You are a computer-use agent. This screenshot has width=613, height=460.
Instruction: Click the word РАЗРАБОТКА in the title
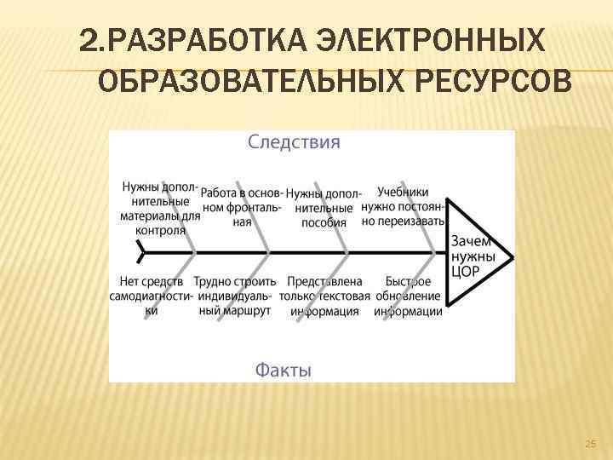coord(198,40)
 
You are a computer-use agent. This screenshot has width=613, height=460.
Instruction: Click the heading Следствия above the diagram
coord(294,142)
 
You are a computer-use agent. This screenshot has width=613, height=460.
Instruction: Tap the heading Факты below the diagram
coord(284,370)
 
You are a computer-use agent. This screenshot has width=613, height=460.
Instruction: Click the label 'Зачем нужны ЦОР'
coord(471,256)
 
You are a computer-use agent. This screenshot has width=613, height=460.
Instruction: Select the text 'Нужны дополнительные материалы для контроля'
coord(160,209)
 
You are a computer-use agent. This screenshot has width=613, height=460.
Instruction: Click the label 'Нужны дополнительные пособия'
coord(324,208)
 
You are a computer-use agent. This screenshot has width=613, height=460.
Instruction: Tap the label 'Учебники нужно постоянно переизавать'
coord(403,206)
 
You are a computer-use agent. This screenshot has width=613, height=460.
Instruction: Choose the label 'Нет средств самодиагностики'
coord(152,296)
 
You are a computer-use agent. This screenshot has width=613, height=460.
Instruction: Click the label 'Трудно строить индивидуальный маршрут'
coord(235,296)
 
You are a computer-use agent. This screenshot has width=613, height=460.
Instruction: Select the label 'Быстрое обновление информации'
coord(408,296)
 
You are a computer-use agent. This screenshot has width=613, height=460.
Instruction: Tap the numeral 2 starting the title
coord(86,40)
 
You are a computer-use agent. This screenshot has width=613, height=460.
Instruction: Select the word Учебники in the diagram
coord(403,193)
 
